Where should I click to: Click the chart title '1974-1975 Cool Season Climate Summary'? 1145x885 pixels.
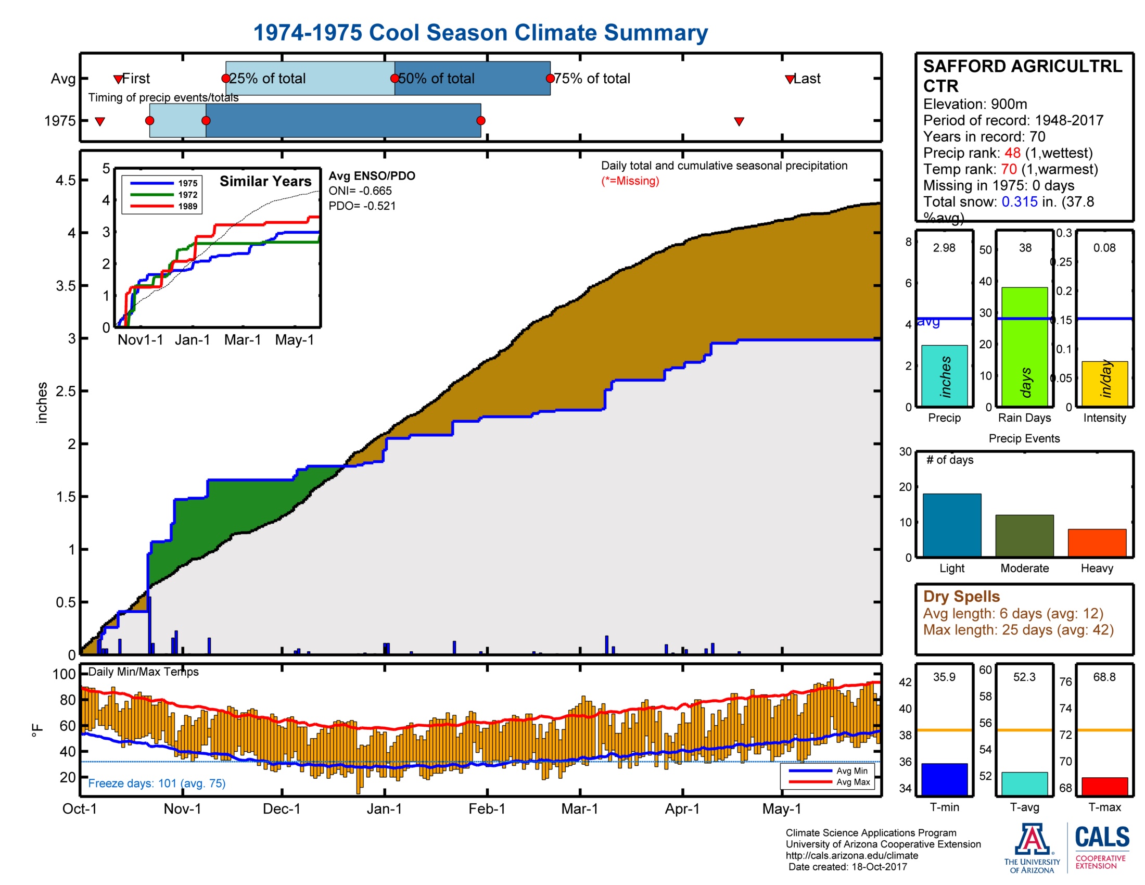[x=480, y=32]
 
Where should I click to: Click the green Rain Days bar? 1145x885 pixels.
[x=1024, y=347]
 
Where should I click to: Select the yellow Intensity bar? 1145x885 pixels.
[x=1104, y=383]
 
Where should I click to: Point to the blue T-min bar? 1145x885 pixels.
[x=944, y=779]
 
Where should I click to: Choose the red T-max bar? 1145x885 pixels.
[x=1104, y=786]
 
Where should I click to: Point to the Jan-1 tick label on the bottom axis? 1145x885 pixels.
[x=384, y=808]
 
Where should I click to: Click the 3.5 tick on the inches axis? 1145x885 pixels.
[x=66, y=286]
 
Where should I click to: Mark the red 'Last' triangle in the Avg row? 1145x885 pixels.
[x=790, y=79]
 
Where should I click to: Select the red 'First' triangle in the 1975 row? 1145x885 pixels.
[x=99, y=122]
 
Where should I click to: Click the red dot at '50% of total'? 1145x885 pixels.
[x=395, y=78]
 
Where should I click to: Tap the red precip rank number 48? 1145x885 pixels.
[x=1012, y=153]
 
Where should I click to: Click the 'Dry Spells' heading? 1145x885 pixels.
[x=961, y=596]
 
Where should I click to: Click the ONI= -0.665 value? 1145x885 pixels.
[x=360, y=191]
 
